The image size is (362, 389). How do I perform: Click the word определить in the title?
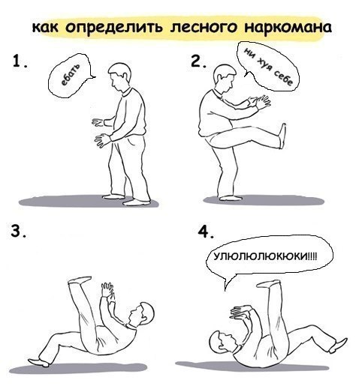113,28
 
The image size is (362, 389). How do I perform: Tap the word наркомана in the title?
288,27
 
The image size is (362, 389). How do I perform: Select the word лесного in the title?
203,27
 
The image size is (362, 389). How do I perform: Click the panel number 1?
20,61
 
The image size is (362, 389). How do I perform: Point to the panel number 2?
198,61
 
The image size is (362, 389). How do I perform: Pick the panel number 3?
18,232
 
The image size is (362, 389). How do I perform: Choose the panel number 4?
206,232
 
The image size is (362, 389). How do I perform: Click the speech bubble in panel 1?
70,76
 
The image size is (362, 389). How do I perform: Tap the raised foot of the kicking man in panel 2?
282,136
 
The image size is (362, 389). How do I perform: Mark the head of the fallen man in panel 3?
140,315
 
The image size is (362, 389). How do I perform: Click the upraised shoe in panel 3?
80,280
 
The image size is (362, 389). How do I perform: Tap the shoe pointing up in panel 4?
268,283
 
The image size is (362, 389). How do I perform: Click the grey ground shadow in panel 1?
89,202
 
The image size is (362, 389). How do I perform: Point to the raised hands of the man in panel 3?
108,290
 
